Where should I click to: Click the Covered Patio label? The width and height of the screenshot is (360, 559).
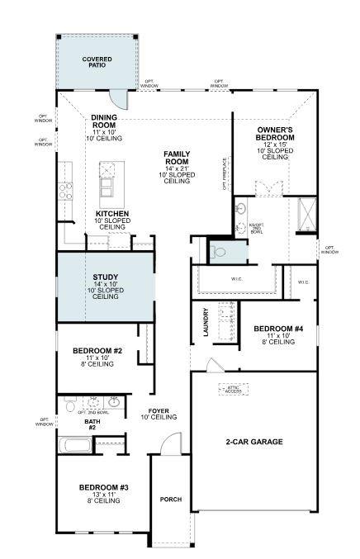point(97,62)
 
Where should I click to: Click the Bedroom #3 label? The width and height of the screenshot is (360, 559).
point(103,493)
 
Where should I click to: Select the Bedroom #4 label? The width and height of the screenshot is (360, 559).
point(278,334)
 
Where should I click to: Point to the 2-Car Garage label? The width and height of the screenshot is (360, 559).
point(253,442)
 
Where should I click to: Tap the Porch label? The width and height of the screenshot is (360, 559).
point(170,499)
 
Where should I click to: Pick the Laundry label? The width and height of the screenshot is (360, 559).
point(206,322)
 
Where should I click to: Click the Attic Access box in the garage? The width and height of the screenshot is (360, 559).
point(234,388)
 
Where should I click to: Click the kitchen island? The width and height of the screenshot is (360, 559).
point(107,184)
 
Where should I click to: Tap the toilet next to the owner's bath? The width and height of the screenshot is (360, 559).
point(218,250)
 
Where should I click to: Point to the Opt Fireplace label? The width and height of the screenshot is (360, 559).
point(224,173)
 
